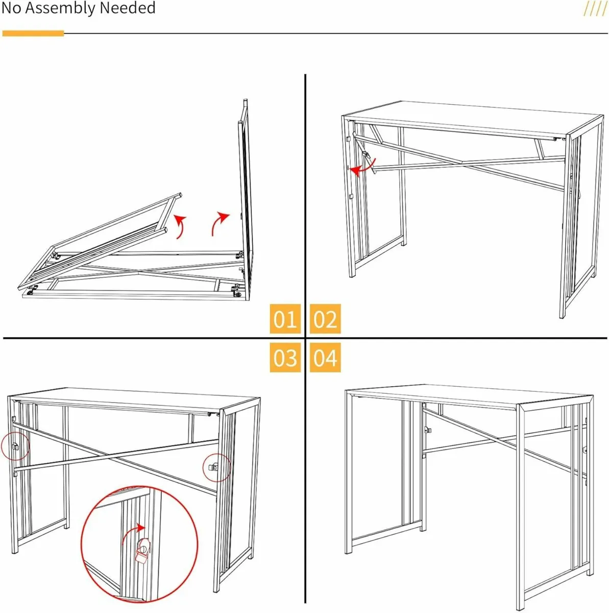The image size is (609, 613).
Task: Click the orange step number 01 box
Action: (285, 319)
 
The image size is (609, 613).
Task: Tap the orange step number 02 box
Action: (325, 319)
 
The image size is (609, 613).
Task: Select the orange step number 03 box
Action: (285, 357)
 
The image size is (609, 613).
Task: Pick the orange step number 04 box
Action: (325, 357)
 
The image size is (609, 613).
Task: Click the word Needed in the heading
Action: (128, 9)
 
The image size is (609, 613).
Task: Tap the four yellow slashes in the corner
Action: (595, 9)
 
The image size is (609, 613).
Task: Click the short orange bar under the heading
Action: (33, 34)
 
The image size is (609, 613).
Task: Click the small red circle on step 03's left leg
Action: (15, 446)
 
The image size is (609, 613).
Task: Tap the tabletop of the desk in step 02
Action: (470, 117)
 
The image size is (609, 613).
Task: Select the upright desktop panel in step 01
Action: (243, 199)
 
